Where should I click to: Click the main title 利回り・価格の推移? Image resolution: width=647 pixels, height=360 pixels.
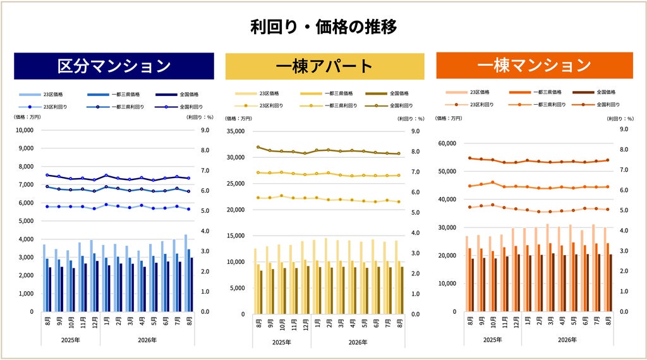point(323,27)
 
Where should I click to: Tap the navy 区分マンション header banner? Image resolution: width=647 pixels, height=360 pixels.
point(114,66)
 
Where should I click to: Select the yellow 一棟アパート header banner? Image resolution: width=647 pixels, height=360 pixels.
point(325,66)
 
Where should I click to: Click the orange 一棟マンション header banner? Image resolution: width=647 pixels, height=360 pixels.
point(535,65)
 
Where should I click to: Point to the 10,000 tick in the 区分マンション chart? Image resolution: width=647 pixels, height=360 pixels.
point(25,130)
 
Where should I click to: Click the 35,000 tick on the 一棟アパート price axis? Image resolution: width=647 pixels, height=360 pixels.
point(236,131)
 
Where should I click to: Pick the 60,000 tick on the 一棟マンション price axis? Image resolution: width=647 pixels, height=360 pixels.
point(447,143)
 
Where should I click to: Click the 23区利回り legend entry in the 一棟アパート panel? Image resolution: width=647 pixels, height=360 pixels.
point(259,105)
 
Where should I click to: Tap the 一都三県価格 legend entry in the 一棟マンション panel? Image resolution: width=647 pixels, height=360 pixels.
point(536,92)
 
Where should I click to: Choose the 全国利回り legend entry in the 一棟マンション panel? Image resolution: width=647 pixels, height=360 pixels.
point(596,104)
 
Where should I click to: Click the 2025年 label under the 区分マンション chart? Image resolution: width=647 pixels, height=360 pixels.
point(71,340)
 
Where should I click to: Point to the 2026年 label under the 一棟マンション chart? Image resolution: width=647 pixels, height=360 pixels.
point(567,340)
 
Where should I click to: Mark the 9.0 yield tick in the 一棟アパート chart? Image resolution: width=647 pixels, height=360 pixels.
point(415,131)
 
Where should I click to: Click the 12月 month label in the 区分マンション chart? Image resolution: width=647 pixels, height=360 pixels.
point(95,322)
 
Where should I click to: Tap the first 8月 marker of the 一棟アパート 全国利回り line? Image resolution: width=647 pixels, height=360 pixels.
point(258,147)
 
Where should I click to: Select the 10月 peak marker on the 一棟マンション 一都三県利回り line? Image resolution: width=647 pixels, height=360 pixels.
point(493,183)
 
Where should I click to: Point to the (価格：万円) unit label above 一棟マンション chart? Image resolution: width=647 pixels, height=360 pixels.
point(449,118)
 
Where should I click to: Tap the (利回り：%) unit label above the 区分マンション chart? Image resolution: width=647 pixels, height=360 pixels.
point(200,117)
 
